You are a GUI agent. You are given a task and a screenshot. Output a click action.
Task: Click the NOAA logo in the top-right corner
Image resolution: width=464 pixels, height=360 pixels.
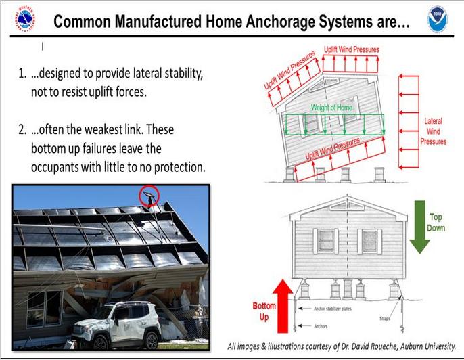coord(438,19)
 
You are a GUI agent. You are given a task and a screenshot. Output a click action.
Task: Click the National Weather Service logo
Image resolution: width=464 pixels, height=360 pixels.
coord(25,19)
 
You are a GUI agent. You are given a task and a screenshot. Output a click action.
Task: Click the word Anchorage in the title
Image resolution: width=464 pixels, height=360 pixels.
coord(281,22)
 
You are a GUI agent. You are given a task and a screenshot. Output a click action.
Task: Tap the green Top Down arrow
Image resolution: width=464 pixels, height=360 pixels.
coord(419,227)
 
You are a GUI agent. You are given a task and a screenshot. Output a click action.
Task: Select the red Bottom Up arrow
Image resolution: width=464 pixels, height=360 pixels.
coord(283,306)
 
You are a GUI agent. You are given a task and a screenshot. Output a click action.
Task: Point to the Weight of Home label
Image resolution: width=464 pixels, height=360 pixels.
coord(331,108)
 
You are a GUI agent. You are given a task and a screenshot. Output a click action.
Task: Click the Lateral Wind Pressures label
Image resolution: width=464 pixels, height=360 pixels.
coord(433,131)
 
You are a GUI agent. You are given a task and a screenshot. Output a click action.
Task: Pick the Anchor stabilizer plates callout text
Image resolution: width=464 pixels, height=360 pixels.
coord(333,309)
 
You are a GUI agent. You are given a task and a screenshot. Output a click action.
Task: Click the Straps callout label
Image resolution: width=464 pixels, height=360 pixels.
coord(385,319)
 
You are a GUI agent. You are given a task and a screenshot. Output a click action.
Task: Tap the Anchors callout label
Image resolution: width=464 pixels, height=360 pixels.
coord(321,326)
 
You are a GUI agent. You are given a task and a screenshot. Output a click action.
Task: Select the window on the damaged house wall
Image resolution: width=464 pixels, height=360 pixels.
coord(45,309)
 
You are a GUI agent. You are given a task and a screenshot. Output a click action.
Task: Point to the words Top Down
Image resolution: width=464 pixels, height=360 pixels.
coord(436,223)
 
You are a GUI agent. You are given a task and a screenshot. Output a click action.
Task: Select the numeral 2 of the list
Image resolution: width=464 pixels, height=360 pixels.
coord(22,130)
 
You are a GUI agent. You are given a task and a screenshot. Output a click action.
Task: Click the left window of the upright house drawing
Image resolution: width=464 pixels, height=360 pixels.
coord(325,241)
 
